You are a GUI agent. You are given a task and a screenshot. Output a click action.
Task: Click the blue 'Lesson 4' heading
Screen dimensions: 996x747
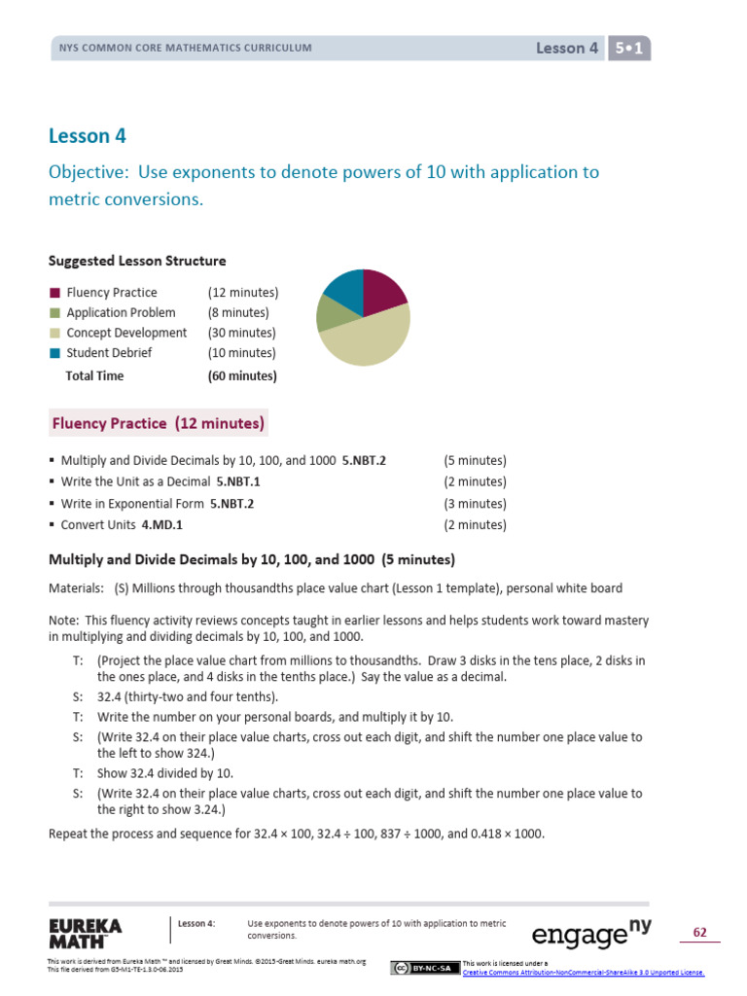click(x=88, y=135)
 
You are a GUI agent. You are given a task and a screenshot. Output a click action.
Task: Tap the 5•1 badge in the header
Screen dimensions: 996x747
click(x=628, y=48)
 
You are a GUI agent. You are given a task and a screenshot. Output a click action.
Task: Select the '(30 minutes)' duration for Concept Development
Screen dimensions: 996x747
click(x=242, y=333)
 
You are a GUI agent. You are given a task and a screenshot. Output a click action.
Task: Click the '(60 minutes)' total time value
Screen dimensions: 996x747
click(x=242, y=375)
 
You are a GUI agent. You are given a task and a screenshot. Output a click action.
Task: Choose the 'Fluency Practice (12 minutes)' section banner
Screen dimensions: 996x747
click(x=158, y=424)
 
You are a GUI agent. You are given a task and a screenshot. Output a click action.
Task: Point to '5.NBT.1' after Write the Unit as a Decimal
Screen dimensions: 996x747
click(x=238, y=481)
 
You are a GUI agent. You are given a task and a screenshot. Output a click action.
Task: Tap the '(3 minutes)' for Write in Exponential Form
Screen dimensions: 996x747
click(x=475, y=504)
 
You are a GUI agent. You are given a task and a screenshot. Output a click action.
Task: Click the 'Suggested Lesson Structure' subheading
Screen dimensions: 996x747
click(x=137, y=261)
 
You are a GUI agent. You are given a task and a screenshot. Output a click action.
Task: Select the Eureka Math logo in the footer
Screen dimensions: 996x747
click(x=86, y=933)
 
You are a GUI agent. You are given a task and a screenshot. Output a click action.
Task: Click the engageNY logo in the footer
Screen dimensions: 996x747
click(x=591, y=934)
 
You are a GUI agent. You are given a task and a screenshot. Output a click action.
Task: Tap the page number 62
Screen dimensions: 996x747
click(x=699, y=933)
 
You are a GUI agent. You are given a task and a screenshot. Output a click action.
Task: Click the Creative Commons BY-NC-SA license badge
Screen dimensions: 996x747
click(x=425, y=968)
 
